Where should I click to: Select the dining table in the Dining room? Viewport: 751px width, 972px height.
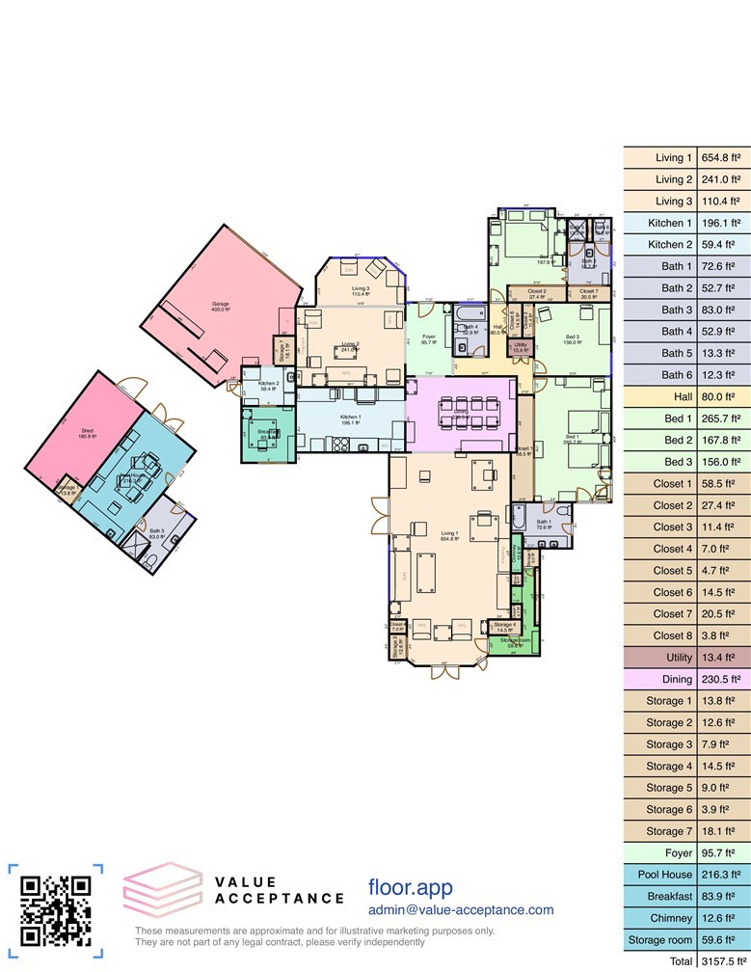463,412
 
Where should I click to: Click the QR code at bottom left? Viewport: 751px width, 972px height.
56,910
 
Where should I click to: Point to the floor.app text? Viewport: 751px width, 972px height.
410,887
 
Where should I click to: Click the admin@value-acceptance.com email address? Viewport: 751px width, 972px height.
461,909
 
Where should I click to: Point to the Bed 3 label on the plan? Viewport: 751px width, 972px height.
572,336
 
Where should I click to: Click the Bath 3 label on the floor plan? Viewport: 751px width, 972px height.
156,531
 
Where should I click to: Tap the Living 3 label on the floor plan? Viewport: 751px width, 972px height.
361,288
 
